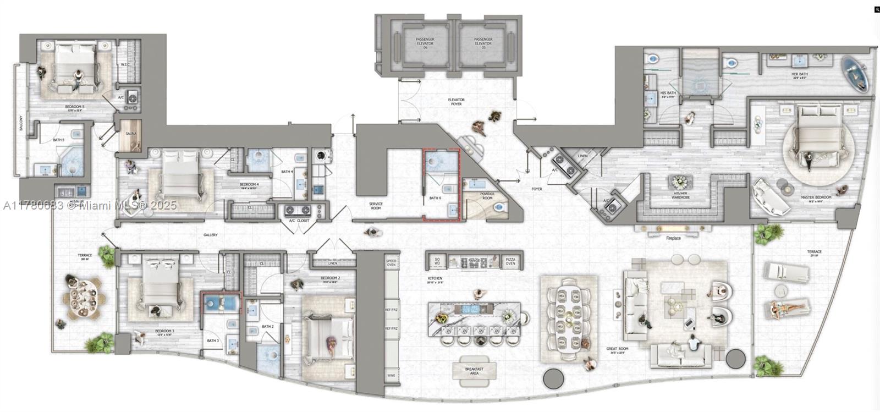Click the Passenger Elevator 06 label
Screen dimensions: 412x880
coord(425,43)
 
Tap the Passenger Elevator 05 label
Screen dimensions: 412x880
coord(483,43)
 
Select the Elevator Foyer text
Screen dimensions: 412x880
coord(456,102)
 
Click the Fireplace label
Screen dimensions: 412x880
coord(673,238)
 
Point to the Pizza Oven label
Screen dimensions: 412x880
coord(510,262)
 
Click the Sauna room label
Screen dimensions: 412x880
coord(131,134)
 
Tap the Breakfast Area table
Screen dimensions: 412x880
coord(474,371)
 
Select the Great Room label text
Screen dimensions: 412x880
coord(617,349)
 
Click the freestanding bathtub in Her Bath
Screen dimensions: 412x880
coord(856,73)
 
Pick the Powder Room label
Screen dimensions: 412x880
coord(487,196)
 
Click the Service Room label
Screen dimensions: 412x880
coord(376,206)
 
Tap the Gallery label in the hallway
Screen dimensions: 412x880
coord(210,235)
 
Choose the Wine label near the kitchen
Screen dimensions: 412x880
coord(391,375)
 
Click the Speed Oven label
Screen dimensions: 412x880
coord(391,262)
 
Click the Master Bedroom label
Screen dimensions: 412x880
coord(816,196)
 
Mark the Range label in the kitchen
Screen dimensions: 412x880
coord(474,259)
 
